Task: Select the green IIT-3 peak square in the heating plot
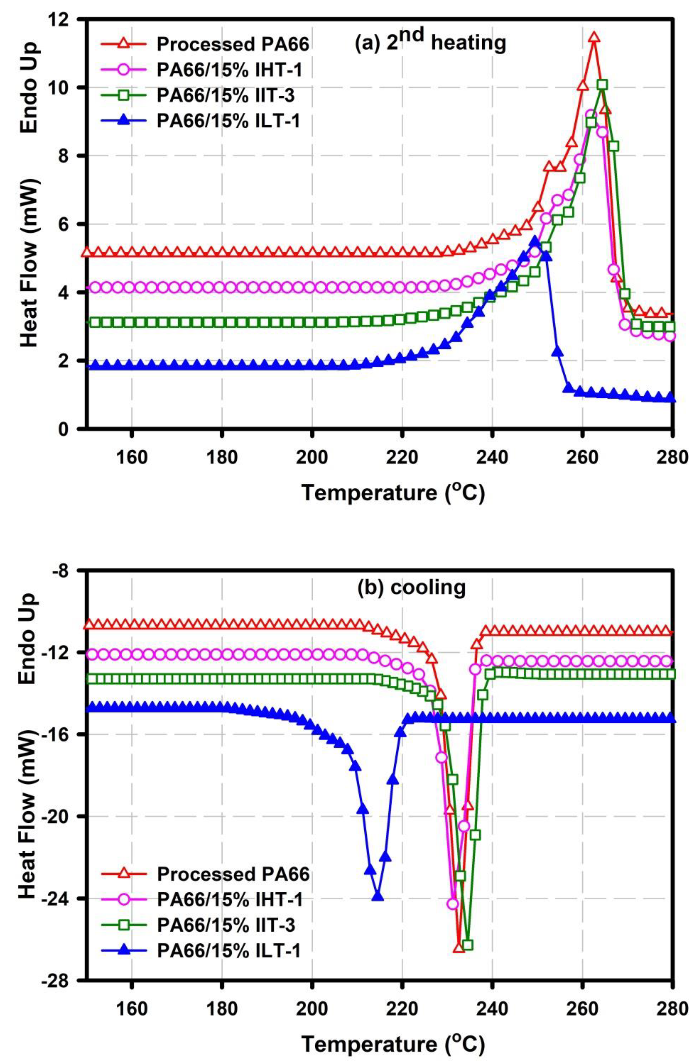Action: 602,85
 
